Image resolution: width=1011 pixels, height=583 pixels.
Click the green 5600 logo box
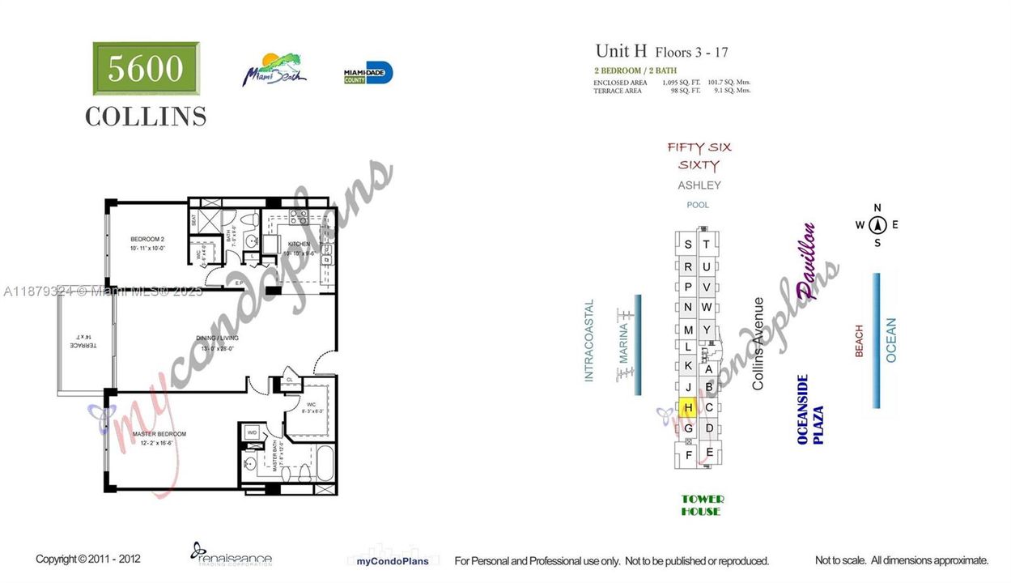(146, 69)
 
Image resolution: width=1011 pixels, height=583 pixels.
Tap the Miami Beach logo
(276, 70)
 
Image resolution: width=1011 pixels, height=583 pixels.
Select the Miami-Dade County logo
(368, 73)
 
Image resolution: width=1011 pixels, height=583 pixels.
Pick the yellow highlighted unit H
(688, 407)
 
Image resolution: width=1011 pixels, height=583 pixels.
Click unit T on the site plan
(706, 245)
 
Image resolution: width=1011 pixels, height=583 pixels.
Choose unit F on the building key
(689, 455)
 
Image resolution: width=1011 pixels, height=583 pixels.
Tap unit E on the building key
(709, 452)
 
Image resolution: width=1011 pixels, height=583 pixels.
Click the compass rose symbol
(877, 225)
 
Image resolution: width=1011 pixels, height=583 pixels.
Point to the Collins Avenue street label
(758, 343)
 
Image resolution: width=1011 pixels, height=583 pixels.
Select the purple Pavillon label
(806, 262)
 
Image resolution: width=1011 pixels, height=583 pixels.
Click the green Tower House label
(701, 505)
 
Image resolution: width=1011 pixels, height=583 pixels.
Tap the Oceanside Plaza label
(809, 410)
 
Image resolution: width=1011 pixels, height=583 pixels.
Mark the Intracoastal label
(589, 341)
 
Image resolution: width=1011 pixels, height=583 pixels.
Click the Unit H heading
(621, 52)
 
